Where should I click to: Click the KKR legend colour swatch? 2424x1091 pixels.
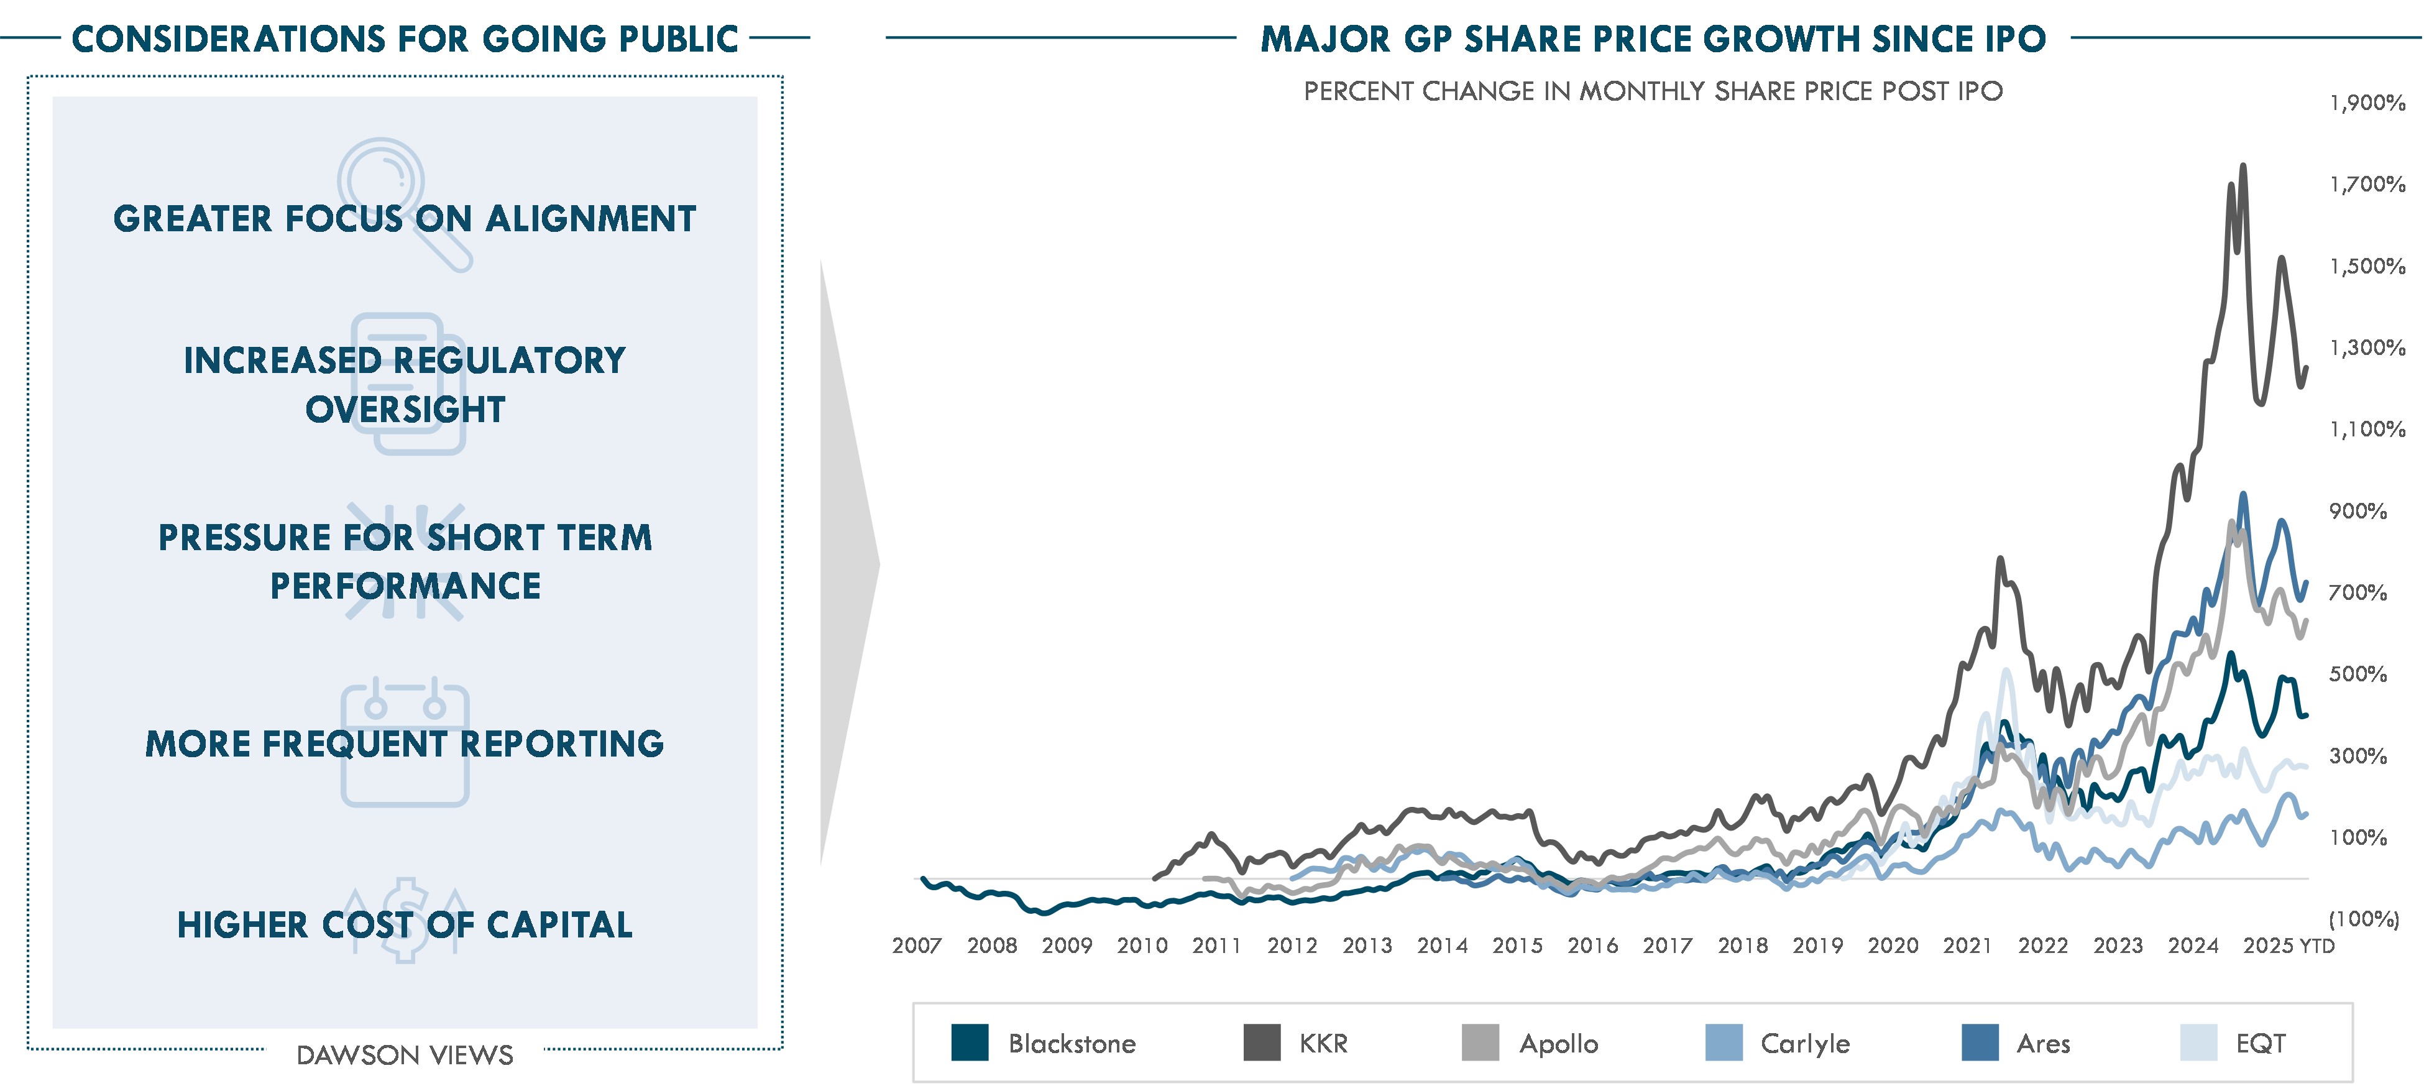(1261, 1043)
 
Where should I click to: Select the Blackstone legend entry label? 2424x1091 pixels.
(1072, 1044)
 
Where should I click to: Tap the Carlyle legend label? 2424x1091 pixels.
(1805, 1044)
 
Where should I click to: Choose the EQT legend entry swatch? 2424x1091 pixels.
(2199, 1043)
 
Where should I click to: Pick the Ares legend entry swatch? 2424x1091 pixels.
(1980, 1043)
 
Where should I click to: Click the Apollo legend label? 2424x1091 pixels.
(1558, 1044)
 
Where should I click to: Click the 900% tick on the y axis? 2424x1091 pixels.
(2358, 511)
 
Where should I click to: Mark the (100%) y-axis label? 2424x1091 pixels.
(2364, 919)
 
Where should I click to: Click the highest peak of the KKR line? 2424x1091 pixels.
(2243, 167)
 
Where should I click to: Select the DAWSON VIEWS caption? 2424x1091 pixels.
(405, 1055)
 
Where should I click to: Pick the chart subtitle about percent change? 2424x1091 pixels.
(1653, 91)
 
